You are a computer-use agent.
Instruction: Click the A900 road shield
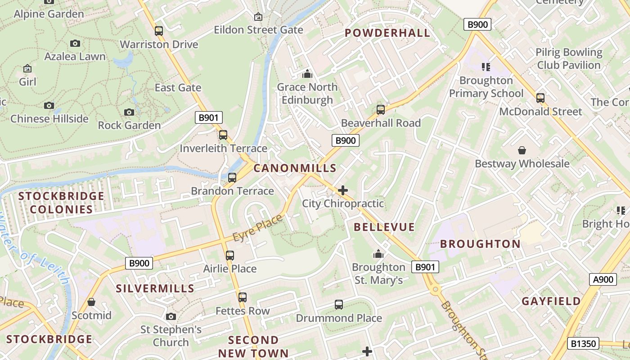pyautogui.click(x=603, y=279)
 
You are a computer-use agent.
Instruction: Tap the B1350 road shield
pyautogui.click(x=583, y=343)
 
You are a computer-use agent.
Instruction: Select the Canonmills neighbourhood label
pyautogui.click(x=295, y=168)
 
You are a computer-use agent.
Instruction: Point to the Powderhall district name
pyautogui.click(x=387, y=33)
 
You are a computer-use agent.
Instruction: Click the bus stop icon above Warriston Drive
pyautogui.click(x=158, y=31)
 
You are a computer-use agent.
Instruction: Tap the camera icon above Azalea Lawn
pyautogui.click(x=75, y=44)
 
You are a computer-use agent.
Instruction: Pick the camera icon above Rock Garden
pyautogui.click(x=129, y=112)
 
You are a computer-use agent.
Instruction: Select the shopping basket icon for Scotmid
pyautogui.click(x=91, y=302)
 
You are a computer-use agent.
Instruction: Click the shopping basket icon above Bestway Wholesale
pyautogui.click(x=522, y=150)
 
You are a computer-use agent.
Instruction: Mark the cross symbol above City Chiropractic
pyautogui.click(x=343, y=190)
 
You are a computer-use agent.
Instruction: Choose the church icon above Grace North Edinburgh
pyautogui.click(x=307, y=73)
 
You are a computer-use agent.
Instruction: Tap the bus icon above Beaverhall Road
pyautogui.click(x=381, y=109)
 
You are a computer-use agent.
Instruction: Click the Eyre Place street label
pyautogui.click(x=258, y=228)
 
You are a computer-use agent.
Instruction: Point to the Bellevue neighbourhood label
pyautogui.click(x=384, y=227)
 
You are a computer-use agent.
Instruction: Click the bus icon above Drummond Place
pyautogui.click(x=339, y=305)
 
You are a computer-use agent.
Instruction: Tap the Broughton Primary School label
pyautogui.click(x=486, y=87)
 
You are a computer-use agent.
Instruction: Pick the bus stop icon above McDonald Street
pyautogui.click(x=540, y=98)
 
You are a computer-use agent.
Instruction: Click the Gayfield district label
pyautogui.click(x=551, y=301)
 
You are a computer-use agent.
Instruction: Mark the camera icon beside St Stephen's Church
pyautogui.click(x=171, y=316)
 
